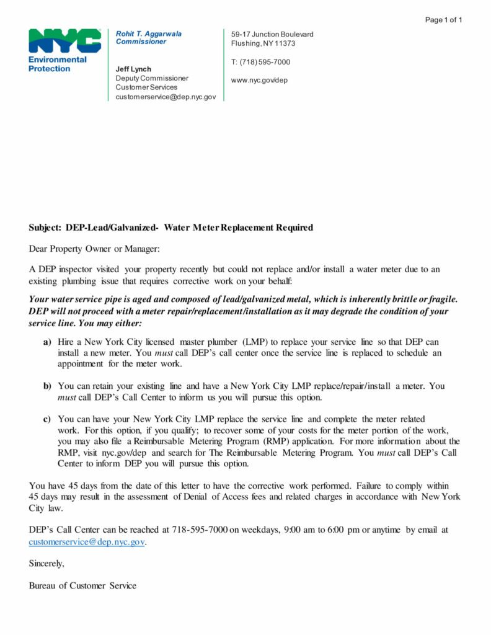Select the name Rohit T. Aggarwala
[149, 33]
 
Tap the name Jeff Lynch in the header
[133, 69]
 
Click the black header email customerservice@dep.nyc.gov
[166, 97]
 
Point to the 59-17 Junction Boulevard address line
[272, 34]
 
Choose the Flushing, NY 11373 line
[263, 43]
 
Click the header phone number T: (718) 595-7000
[260, 62]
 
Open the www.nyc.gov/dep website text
[259, 80]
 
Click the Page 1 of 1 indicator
[444, 20]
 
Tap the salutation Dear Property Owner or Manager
[94, 249]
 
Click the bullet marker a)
[47, 342]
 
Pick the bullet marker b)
[47, 386]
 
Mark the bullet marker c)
[47, 420]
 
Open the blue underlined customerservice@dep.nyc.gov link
[87, 541]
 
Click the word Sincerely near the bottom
[46, 563]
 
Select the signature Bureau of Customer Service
[82, 585]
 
